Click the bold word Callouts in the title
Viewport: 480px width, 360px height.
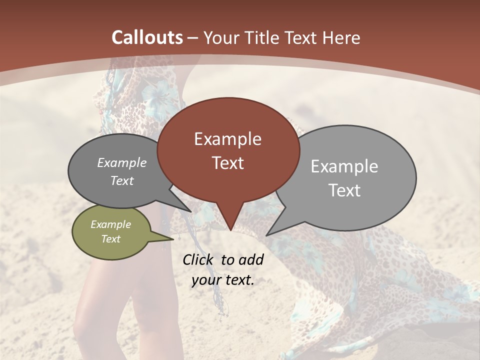[147, 37]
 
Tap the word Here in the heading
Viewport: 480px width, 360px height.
[341, 37]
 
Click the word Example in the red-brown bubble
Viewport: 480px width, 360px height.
[227, 139]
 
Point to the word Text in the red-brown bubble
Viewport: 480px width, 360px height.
[227, 163]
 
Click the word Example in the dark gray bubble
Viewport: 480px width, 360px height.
[122, 162]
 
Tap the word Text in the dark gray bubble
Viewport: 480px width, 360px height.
[122, 180]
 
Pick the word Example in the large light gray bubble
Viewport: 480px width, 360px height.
[344, 166]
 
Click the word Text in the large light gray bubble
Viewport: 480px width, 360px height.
[344, 190]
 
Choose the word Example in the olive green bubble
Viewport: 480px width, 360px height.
[110, 224]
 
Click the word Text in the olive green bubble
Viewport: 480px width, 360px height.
[110, 239]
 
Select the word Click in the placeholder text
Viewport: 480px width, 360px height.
[198, 260]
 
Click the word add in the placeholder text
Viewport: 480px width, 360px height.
[251, 260]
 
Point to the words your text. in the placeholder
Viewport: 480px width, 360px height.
[223, 280]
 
